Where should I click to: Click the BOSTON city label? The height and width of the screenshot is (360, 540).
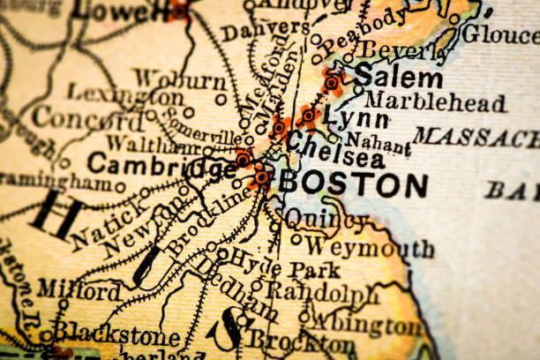tap(353, 185)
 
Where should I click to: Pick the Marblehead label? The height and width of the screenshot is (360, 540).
tap(436, 102)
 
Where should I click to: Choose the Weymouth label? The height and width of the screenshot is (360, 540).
tap(369, 247)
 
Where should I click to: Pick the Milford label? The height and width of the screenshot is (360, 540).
tap(79, 290)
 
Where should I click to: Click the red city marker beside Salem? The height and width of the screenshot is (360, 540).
tap(332, 83)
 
